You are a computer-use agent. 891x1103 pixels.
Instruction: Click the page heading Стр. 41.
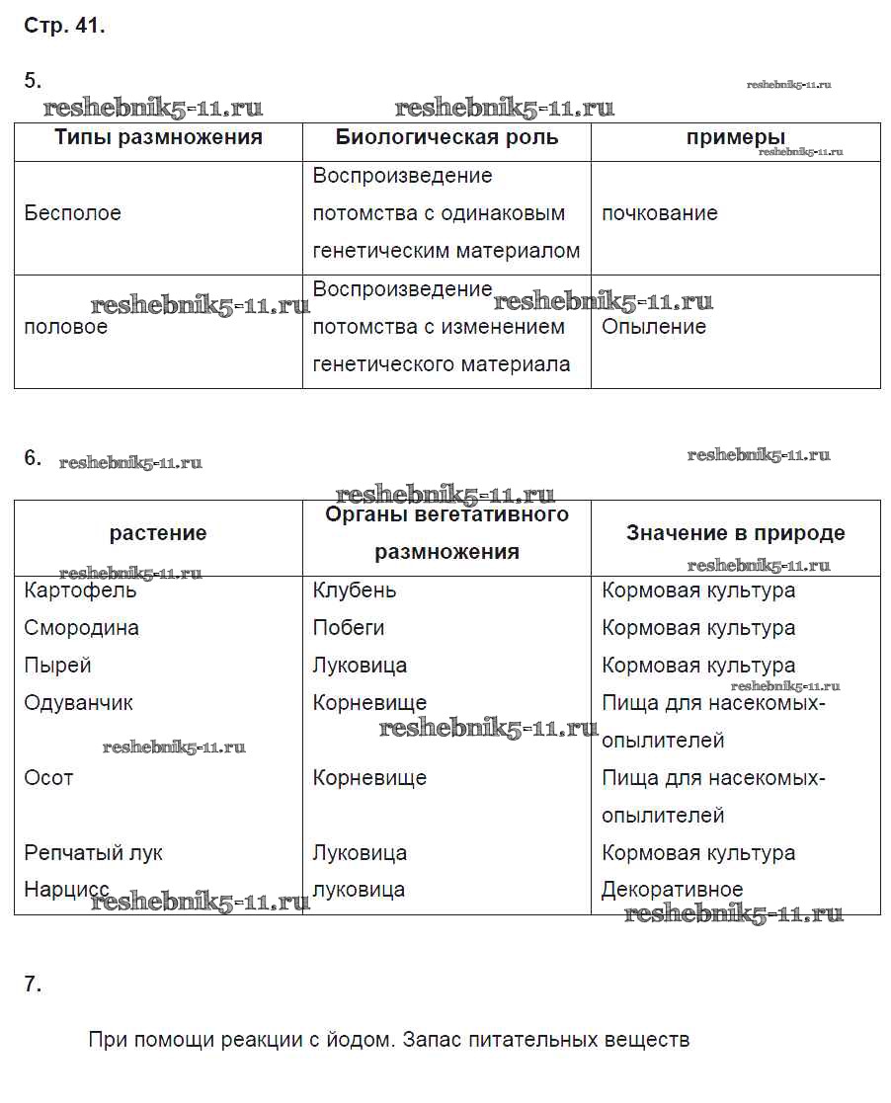click(64, 27)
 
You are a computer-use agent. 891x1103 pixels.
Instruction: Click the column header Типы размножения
click(158, 137)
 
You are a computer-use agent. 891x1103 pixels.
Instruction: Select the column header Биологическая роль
click(446, 137)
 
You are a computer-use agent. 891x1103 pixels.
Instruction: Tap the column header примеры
click(736, 137)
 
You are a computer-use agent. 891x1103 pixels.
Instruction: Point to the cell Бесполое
click(72, 213)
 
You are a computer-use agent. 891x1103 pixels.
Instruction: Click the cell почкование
click(659, 213)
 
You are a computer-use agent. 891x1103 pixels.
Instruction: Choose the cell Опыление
click(654, 327)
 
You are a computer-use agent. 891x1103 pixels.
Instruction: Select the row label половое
click(65, 327)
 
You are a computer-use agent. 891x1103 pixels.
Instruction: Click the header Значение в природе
click(735, 533)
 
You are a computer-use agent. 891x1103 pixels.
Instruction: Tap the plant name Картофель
click(80, 591)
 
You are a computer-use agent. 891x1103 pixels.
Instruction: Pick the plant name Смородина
click(81, 628)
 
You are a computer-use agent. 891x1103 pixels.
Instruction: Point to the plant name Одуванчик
click(78, 703)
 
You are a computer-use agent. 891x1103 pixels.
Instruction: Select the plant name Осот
click(48, 778)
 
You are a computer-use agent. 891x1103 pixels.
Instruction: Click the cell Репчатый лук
click(93, 853)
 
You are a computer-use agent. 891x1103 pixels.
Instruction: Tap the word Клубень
click(354, 591)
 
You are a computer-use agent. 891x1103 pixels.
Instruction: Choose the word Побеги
click(348, 628)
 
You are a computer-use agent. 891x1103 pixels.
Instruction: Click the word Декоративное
click(672, 890)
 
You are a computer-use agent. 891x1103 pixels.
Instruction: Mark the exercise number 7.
click(33, 984)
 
